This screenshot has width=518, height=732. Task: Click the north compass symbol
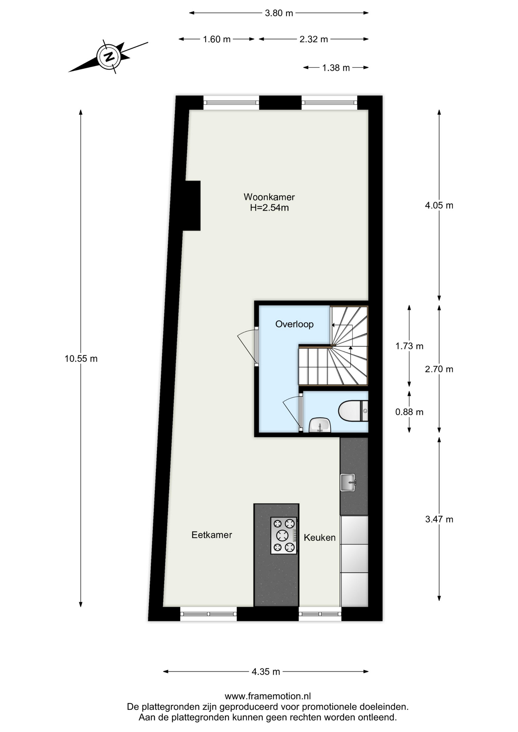[109, 57]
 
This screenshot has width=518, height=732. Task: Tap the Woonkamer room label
[269, 197]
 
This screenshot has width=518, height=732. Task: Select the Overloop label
[294, 324]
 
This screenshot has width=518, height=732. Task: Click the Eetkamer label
[212, 535]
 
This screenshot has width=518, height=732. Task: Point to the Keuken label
[320, 538]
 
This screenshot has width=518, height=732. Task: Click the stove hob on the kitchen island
[284, 535]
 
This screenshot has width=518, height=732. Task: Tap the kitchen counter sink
[348, 482]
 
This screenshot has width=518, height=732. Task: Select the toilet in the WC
[353, 411]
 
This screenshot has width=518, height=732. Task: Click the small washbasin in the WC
[320, 425]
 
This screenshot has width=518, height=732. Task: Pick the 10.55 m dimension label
[81, 359]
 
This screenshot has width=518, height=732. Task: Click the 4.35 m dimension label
[266, 672]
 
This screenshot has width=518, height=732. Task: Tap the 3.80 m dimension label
[279, 13]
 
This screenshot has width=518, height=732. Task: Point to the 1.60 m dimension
[217, 39]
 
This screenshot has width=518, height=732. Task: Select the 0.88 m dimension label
[409, 412]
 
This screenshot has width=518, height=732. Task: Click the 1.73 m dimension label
[409, 346]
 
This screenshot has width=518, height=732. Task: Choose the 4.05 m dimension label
[439, 205]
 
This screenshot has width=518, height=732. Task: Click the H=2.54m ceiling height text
[269, 208]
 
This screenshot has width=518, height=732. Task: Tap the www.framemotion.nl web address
[268, 696]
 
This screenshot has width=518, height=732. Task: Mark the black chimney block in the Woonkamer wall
[192, 205]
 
